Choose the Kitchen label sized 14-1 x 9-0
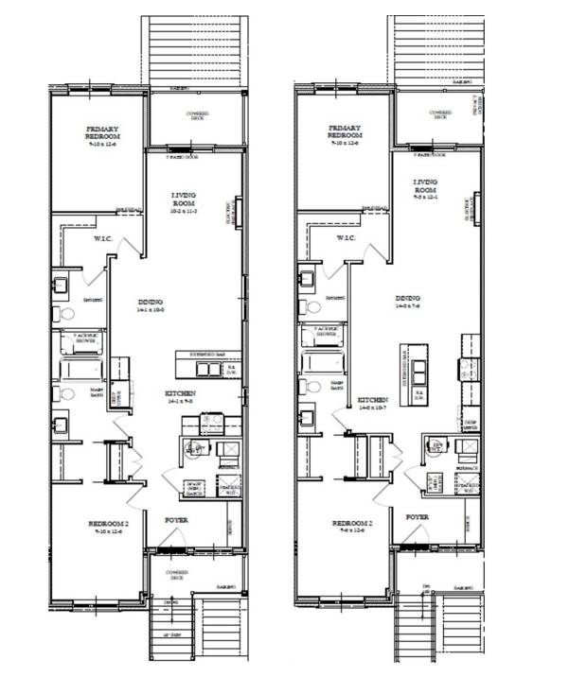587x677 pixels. click(x=180, y=396)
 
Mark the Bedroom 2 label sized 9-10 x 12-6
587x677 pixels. click(x=108, y=527)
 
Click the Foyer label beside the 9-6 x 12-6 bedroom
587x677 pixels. click(x=418, y=517)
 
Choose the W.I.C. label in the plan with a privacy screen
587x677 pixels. click(x=346, y=237)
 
